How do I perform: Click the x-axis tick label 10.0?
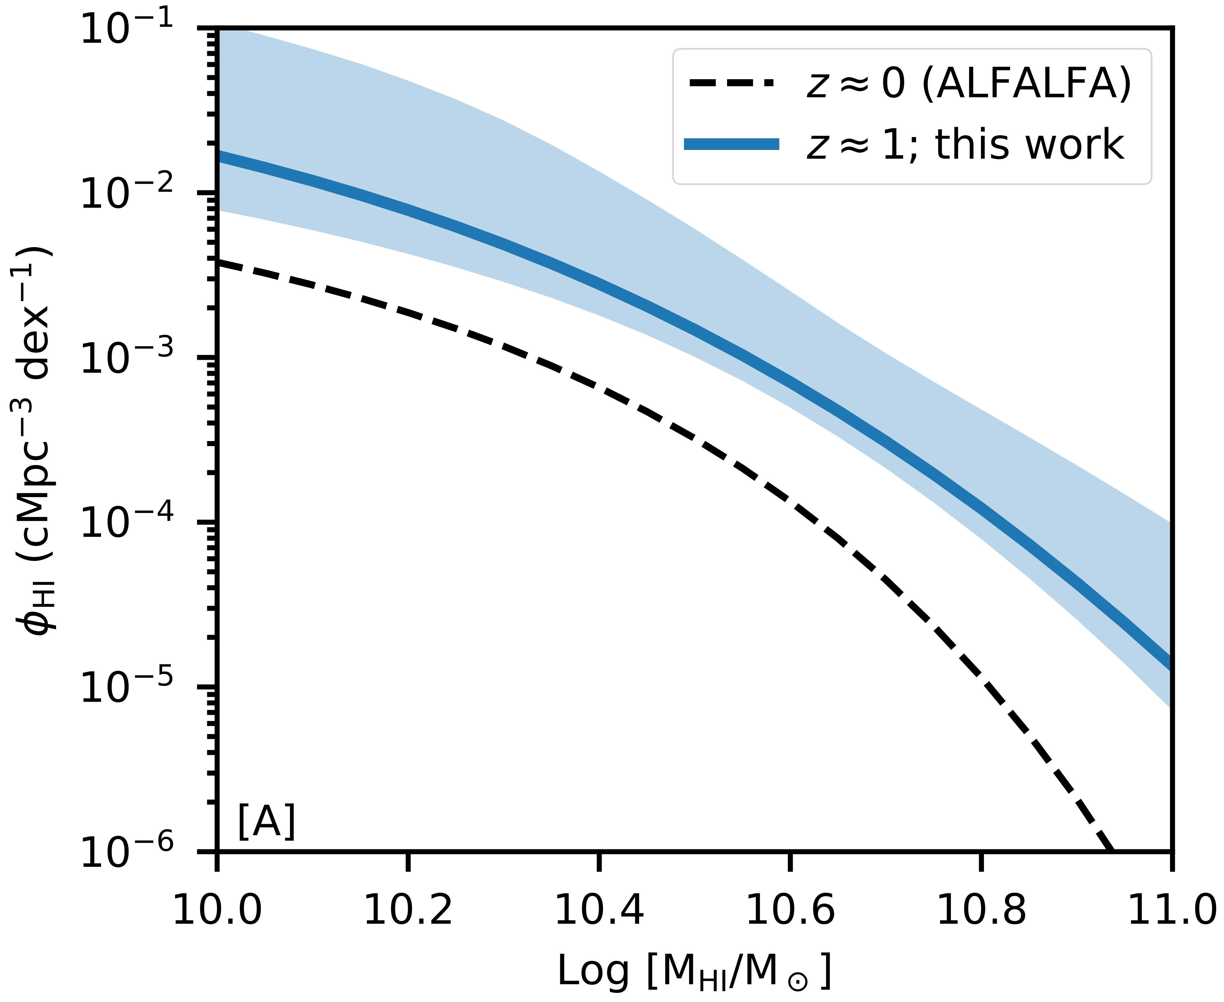(x=217, y=911)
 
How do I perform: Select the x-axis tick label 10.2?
(x=408, y=911)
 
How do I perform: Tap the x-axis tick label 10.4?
(x=599, y=911)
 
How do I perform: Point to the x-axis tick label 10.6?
(x=790, y=911)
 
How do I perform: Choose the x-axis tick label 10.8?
(x=981, y=911)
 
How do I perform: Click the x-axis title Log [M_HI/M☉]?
(x=695, y=971)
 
